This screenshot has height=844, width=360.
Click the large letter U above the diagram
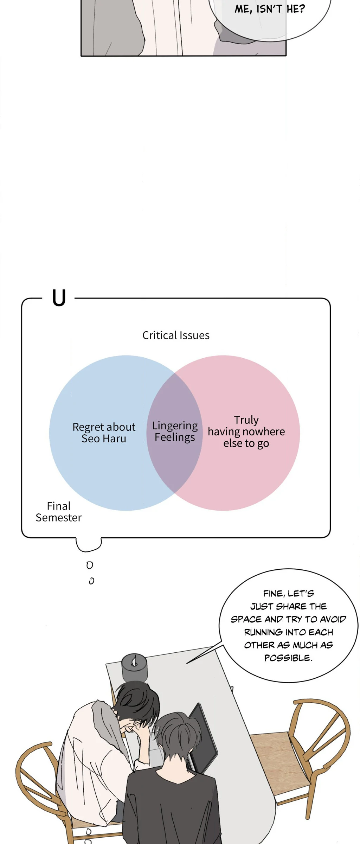point(59,298)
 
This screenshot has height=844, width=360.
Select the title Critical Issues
point(176,335)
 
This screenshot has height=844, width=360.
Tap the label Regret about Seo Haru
point(104,433)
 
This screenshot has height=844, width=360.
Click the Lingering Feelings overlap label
point(175,431)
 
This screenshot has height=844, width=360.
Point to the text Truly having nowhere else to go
point(246,431)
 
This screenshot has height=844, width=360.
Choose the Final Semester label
point(59,512)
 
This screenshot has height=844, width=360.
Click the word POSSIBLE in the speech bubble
point(288,658)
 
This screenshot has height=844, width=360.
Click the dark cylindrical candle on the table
point(134,667)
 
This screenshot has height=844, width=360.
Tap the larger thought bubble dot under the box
point(90,565)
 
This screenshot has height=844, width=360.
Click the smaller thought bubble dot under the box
point(91,581)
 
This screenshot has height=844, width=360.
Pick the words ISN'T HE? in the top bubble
point(281,9)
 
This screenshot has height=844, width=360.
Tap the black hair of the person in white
point(137,700)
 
